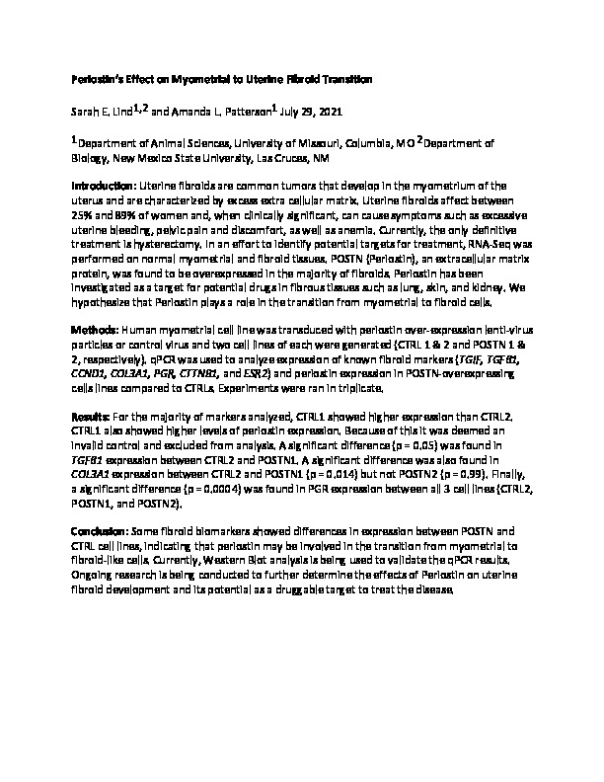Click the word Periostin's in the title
click(x=102, y=78)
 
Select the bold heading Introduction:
click(x=104, y=186)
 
